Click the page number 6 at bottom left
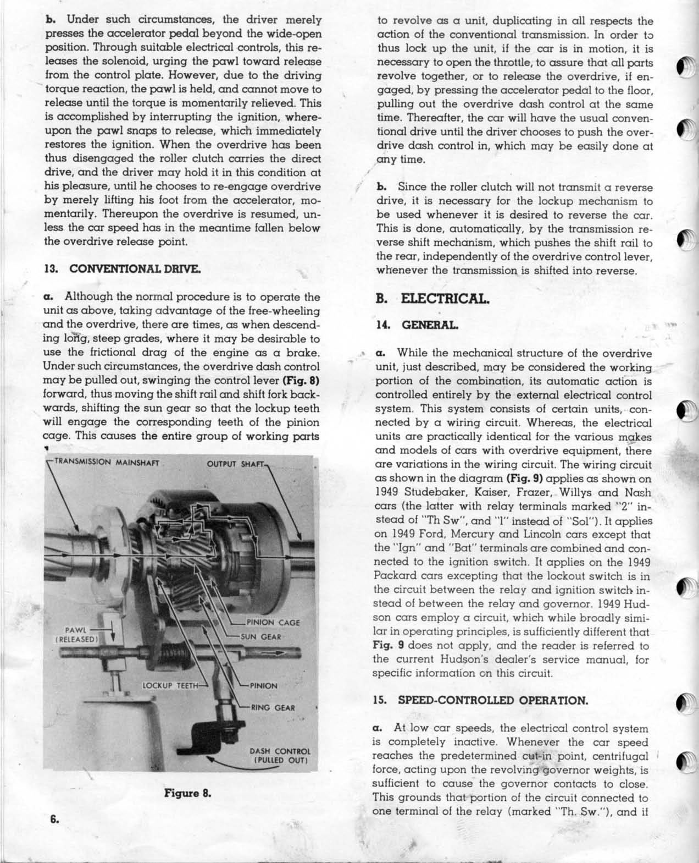tap(54, 818)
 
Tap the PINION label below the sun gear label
tap(263, 686)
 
